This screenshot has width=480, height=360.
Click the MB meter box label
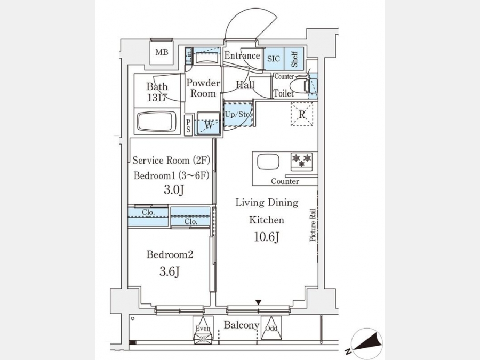pos(162,52)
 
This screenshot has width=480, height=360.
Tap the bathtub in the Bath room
pos(157,121)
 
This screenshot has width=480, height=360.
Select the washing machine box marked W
pos(209,124)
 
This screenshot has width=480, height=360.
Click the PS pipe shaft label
pos(188,125)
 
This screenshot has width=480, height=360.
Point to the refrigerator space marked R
pos(302,114)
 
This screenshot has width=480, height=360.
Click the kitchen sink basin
pos(268,161)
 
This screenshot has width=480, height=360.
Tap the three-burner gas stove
pos(301,161)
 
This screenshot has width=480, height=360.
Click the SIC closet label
pos(274,59)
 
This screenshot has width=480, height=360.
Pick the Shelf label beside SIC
pos(294,59)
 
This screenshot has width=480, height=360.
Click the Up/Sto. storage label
pos(238,115)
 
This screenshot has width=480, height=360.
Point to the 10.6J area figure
pos(266,237)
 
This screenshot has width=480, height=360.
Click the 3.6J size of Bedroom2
pos(169,271)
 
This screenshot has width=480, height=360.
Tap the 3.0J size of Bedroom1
pos(173,190)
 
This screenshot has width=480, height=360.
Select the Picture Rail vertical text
pos(313,225)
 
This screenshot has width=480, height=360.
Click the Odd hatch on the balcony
pos(271,328)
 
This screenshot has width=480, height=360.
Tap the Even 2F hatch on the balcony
pos(203,330)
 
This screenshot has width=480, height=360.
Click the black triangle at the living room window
pos(259,302)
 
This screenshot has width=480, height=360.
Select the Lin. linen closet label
pos(189,55)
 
